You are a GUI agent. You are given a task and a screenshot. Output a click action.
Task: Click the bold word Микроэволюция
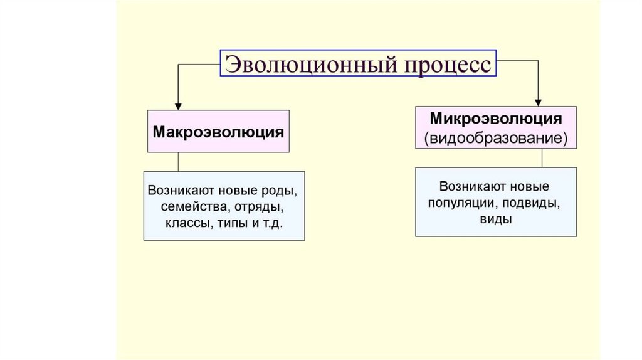click(495, 119)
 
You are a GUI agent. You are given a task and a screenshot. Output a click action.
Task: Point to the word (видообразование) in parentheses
click(495, 138)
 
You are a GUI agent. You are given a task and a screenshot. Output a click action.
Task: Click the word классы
click(187, 223)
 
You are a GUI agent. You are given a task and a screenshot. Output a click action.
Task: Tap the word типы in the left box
click(229, 223)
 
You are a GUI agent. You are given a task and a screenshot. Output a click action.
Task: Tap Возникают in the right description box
click(466, 186)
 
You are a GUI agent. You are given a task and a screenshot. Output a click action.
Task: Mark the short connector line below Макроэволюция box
click(178, 162)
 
